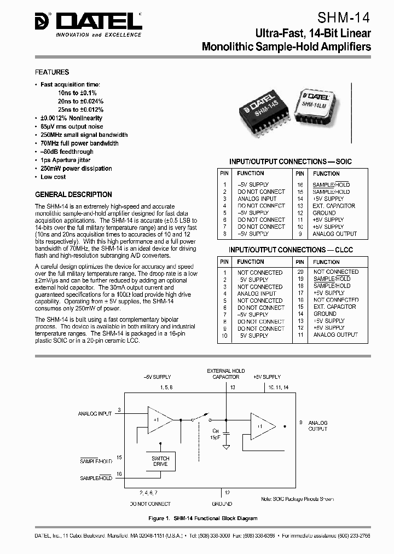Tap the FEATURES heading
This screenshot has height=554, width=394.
52,72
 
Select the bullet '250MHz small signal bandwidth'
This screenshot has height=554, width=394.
84,135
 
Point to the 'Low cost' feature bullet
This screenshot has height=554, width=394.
53,177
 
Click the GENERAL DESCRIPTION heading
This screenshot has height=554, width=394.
73,194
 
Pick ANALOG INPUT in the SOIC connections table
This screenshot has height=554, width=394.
257,199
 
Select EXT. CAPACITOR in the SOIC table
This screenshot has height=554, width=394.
333,206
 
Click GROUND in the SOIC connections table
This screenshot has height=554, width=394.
324,213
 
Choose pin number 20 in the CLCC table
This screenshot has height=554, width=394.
300,272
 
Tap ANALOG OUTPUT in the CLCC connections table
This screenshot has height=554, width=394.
335,334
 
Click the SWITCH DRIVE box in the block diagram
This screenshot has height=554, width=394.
160,461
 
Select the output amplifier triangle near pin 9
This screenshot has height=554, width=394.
263,425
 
